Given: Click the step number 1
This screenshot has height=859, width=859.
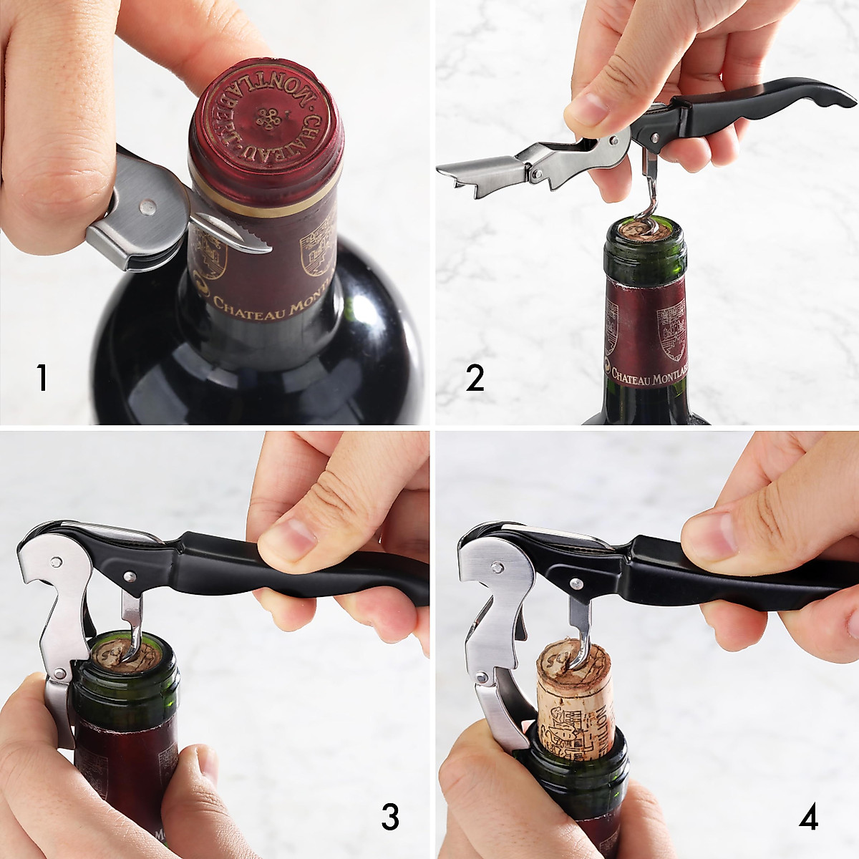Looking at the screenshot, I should point(43,377).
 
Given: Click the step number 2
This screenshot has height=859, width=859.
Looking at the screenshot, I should point(475,377).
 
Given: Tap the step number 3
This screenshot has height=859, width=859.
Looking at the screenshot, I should point(389,816).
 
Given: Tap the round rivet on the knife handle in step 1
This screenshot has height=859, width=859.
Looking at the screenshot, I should point(148,207).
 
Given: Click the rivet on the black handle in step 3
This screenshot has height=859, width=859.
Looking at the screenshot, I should point(129,575).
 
